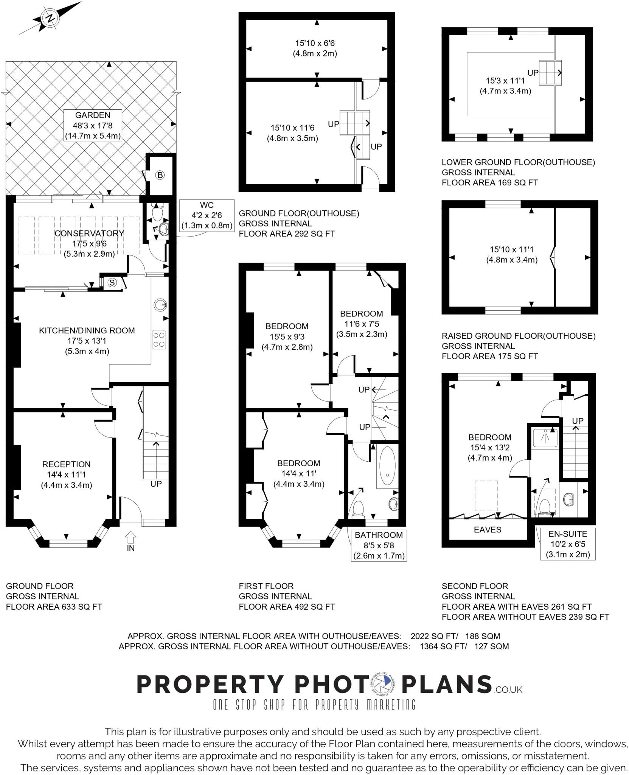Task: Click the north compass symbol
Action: (x=50, y=18)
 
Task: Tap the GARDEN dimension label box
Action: (x=93, y=126)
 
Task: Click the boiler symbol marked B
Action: (x=160, y=175)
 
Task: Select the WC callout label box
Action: (x=207, y=215)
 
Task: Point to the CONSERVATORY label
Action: (x=89, y=233)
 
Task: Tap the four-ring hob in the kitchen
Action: (x=159, y=339)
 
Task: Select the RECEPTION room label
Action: (x=67, y=475)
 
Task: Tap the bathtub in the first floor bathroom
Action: (x=386, y=466)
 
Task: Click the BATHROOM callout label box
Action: (x=379, y=545)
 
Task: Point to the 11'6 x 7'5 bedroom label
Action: (x=362, y=324)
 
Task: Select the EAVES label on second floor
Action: (x=488, y=530)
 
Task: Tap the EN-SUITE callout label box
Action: (x=568, y=544)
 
